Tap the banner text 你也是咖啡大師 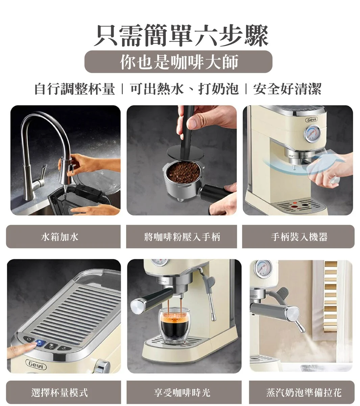point(179,62)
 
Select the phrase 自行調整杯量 point(75,89)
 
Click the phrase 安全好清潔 point(287,89)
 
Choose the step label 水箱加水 point(60,237)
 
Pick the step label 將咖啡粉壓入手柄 point(182,237)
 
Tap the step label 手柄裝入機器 point(299,237)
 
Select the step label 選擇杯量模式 point(60,392)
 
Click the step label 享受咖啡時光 point(182,392)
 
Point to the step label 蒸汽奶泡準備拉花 point(304,392)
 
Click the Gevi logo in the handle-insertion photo point(312,120)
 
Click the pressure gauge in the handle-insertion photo point(312,133)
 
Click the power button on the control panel point(29,339)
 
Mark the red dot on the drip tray point(294,207)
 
